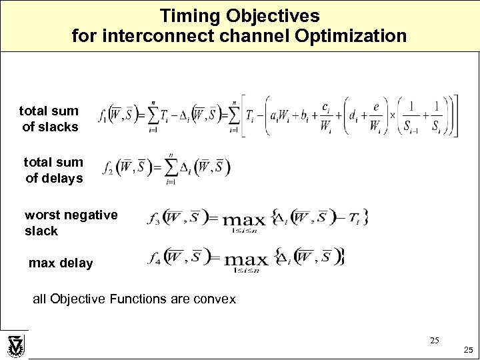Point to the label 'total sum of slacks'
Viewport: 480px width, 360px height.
coord(49,119)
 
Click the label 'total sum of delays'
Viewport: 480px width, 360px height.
coord(53,170)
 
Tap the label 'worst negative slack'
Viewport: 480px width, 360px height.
coord(71,223)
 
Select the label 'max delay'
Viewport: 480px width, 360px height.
coord(61,263)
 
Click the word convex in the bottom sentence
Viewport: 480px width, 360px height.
coord(213,299)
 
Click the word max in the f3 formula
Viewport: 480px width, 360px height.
coord(245,219)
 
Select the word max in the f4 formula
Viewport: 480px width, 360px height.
coord(245,259)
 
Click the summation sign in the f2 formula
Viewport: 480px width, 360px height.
coord(170,167)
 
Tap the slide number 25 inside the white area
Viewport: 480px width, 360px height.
coord(434,340)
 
